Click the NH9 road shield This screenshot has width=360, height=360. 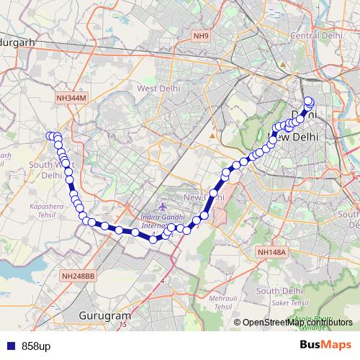point(199,35)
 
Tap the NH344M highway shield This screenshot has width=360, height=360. point(70,96)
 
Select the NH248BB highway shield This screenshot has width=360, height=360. point(77,275)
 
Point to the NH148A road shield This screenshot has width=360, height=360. point(271,252)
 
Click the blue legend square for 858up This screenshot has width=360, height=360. point(9,346)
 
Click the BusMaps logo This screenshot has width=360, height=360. point(325,345)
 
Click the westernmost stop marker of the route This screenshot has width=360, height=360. point(50,136)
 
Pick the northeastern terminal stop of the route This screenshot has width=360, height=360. point(310,101)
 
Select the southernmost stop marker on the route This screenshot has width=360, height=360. point(153,239)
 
